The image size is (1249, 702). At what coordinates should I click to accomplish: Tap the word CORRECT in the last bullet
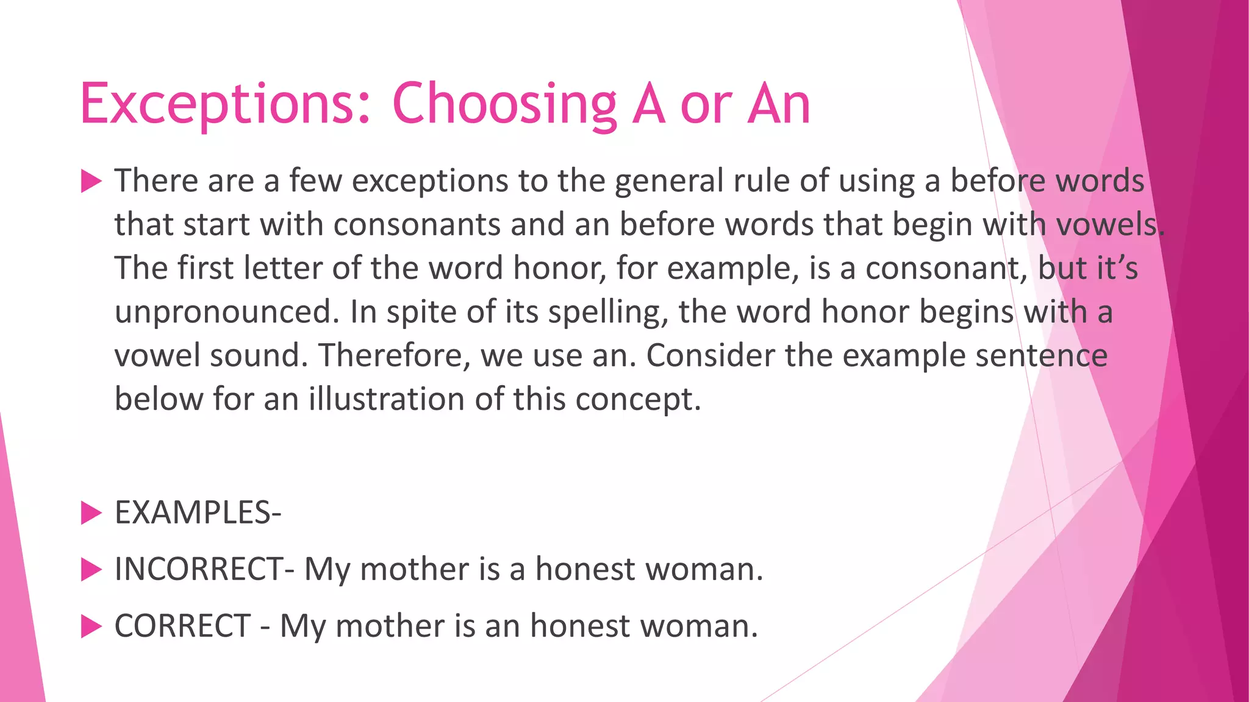coord(182,626)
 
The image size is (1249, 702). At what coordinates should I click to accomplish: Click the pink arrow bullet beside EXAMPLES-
coord(91,513)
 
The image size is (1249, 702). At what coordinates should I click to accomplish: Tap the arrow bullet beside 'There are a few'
coord(91,181)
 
